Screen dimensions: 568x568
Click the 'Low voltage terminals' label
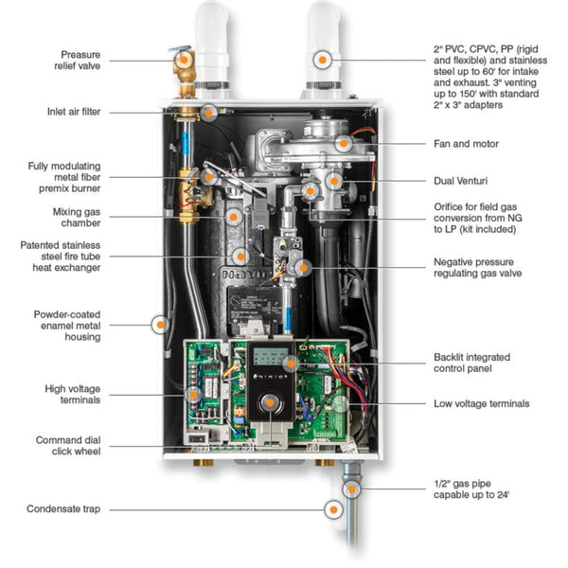pyautogui.click(x=481, y=403)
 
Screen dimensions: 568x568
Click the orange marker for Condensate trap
pyautogui.click(x=333, y=509)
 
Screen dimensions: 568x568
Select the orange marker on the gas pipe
pyautogui.click(x=351, y=489)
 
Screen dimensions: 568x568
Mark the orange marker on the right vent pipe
pyautogui.click(x=324, y=59)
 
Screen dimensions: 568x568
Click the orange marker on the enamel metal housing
pyautogui.click(x=158, y=324)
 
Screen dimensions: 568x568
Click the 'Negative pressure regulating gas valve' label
pyautogui.click(x=477, y=268)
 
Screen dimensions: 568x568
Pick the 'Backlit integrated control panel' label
pyautogui.click(x=471, y=364)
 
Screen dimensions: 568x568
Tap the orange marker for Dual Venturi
pyautogui.click(x=333, y=179)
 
